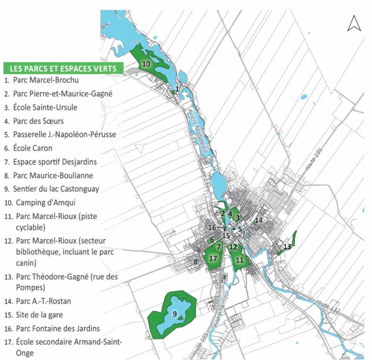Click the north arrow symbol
click(354, 23)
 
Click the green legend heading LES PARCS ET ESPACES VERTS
click(63, 69)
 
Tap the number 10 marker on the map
click(146, 64)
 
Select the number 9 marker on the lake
click(174, 313)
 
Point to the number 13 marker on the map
click(287, 247)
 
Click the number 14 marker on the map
click(259, 220)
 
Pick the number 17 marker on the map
click(213, 258)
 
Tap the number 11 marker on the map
click(239, 260)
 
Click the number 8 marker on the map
click(196, 262)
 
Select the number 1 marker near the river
click(177, 89)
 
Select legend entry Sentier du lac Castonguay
click(53, 189)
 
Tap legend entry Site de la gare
click(40, 314)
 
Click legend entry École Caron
click(32, 148)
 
